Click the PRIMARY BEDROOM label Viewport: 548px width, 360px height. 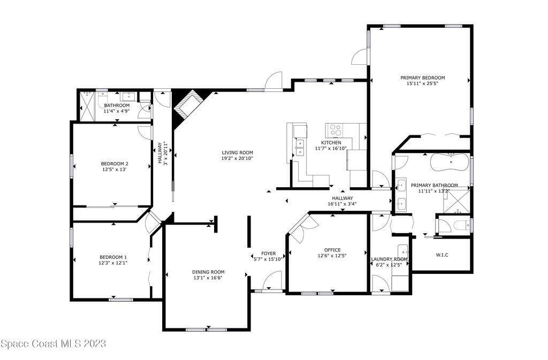[423, 78]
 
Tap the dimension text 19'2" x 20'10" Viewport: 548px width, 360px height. [237, 158]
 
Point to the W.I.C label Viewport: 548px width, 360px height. [442, 255]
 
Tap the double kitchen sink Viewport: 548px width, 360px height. [300, 148]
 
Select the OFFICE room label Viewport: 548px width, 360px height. [332, 250]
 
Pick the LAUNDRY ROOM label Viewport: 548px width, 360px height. [389, 259]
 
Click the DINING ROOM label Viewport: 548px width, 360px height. [208, 272]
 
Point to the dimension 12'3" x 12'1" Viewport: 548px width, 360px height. [113, 263]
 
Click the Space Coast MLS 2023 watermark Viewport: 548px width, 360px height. [53, 343]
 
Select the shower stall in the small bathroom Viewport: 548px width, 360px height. [87, 106]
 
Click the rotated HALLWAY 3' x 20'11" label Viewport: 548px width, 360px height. [163, 152]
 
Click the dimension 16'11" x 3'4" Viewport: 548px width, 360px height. [342, 204]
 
